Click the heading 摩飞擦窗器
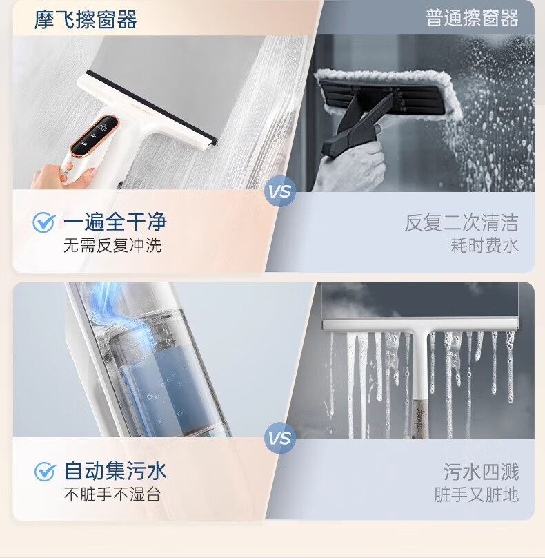[x=86, y=19]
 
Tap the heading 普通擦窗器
[x=472, y=18]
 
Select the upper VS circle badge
[x=280, y=191]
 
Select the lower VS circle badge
[x=280, y=438]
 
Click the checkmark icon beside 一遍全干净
[x=43, y=222]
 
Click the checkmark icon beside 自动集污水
[x=45, y=472]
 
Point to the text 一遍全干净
[x=115, y=222]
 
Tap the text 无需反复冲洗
[x=112, y=246]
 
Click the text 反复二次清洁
[x=462, y=223]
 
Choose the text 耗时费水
[x=484, y=246]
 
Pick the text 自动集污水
[x=115, y=470]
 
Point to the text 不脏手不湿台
[x=112, y=494]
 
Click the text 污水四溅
[x=481, y=472]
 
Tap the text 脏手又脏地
[x=477, y=494]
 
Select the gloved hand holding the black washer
[x=350, y=167]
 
